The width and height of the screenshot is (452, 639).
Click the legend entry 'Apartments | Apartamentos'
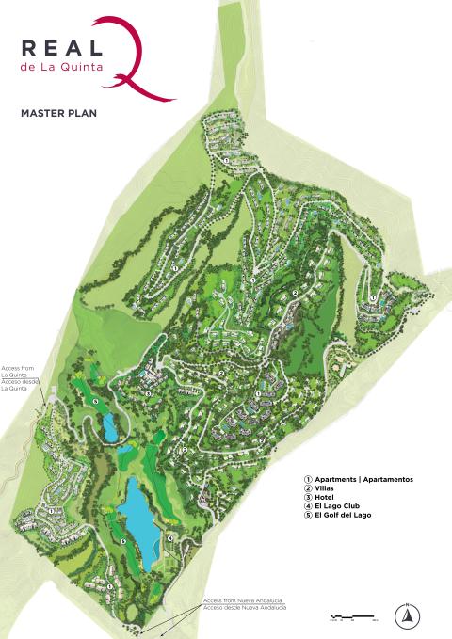363,479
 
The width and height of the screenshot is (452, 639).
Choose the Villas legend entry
326,488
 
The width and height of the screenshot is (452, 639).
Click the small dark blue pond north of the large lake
111,428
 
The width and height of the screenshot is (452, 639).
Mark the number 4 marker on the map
169,538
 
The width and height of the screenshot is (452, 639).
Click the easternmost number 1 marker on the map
374,298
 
